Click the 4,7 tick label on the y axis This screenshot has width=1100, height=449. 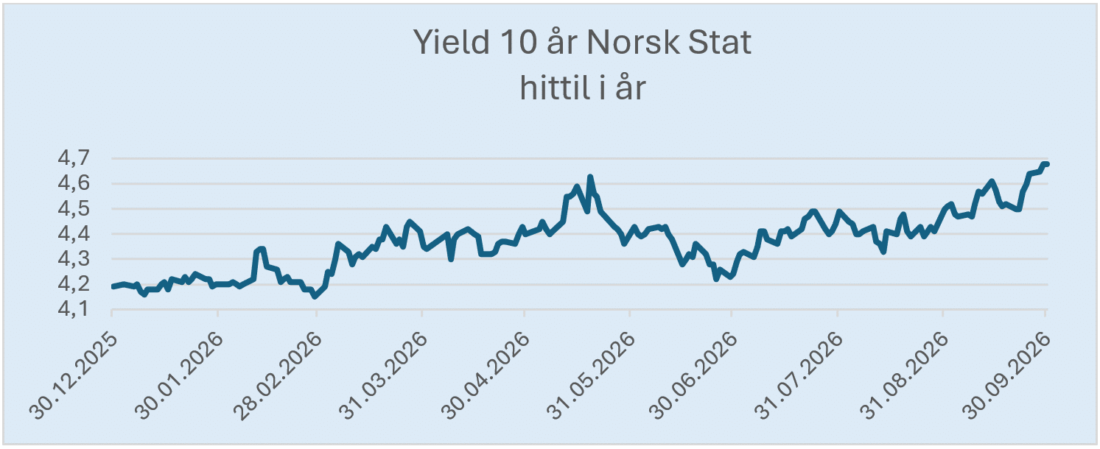pos(74,158)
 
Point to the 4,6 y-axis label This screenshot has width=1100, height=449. pos(74,183)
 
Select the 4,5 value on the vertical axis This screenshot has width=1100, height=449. pos(74,209)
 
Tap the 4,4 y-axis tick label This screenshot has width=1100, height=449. pos(74,234)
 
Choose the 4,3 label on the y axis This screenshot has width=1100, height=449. pos(74,259)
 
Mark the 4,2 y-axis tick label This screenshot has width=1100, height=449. pos(74,284)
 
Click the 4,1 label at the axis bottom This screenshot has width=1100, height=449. pos(74,310)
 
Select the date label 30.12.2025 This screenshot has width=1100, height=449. pos(73,377)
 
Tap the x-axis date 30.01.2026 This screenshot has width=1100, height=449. pos(179,377)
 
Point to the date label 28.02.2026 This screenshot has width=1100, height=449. pos(278,377)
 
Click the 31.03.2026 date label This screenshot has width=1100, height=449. pos(383,377)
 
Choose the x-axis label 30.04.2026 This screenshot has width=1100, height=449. pos(486,377)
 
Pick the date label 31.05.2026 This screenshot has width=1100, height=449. pos(591,377)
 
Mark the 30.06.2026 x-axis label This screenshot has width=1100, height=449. pos(693,377)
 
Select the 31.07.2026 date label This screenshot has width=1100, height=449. pos(799,377)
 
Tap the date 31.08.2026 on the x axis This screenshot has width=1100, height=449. pos(904,377)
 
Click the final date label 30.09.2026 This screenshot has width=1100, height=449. pos(1006,377)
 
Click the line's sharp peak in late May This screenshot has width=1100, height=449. pos(589,177)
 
